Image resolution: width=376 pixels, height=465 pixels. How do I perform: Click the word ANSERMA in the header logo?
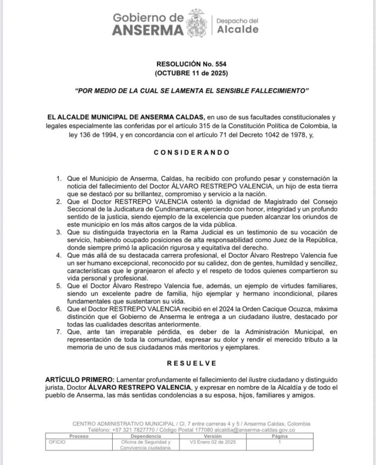147,30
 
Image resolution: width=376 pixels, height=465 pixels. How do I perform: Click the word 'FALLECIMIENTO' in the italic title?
274,92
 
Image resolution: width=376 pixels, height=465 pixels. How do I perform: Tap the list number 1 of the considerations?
59,178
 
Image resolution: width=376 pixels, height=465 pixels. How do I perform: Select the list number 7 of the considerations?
59,332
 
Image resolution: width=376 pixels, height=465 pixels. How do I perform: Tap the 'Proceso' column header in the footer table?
79,437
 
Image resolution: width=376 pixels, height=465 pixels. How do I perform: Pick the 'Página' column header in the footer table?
280,437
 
